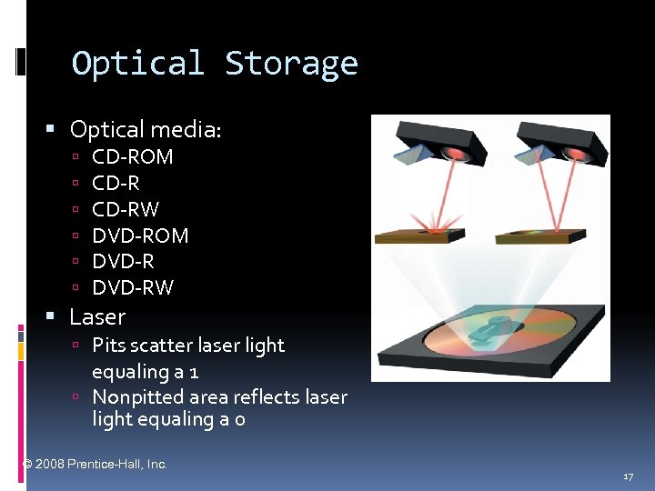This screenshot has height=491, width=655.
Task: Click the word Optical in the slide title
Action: (x=137, y=64)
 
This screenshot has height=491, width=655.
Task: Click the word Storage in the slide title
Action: (x=291, y=64)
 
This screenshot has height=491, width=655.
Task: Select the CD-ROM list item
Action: (x=133, y=156)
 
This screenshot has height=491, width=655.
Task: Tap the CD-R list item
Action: (x=116, y=183)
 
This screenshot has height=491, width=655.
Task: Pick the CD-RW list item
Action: (x=126, y=209)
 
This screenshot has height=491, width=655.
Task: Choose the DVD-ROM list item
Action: (x=140, y=235)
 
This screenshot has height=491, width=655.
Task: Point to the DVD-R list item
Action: (x=123, y=262)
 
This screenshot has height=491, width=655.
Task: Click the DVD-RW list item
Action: (x=133, y=288)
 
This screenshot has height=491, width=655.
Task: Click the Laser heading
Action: (x=97, y=317)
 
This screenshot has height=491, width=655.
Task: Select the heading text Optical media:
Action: (x=146, y=130)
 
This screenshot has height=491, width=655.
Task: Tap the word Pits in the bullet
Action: (x=108, y=346)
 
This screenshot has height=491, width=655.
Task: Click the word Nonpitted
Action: (x=137, y=396)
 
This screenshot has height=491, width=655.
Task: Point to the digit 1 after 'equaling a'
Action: (x=194, y=372)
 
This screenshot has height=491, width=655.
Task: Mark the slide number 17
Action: (x=628, y=476)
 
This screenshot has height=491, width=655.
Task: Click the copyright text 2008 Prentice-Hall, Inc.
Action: (x=101, y=464)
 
